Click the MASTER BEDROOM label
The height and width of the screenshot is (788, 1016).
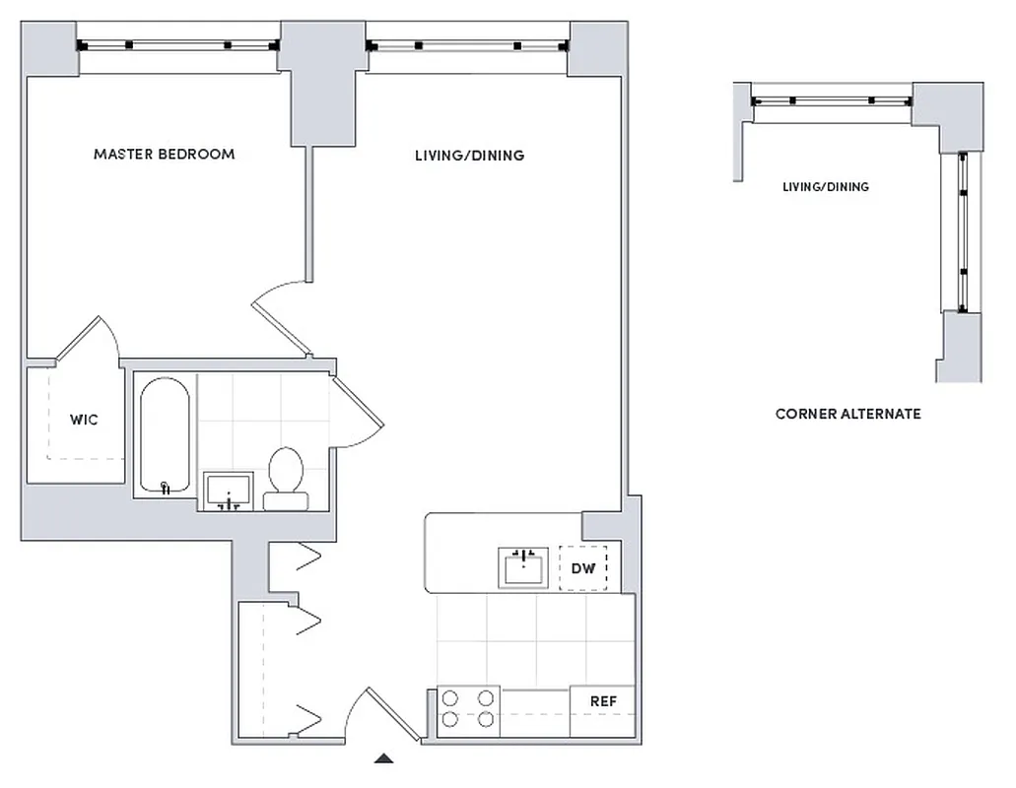pos(164,155)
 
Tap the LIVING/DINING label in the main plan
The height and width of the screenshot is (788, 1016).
pos(468,156)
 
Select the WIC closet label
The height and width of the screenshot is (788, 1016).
pos(84,420)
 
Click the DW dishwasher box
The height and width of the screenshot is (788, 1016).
pos(583,568)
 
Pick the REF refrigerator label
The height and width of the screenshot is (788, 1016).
pos(603,701)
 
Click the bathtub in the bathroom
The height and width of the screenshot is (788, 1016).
pos(165,436)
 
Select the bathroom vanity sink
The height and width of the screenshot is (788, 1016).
pos(229,490)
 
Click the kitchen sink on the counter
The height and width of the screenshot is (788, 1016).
pos(522,568)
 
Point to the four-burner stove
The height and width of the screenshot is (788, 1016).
pos(468,707)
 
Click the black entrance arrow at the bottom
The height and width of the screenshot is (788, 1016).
pos(385,758)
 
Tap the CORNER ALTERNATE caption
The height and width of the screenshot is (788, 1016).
pos(847,415)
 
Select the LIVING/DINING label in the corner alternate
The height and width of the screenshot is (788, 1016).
pos(825,187)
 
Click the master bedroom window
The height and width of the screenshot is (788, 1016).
pos(177,45)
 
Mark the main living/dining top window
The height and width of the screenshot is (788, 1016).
pos(466,45)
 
